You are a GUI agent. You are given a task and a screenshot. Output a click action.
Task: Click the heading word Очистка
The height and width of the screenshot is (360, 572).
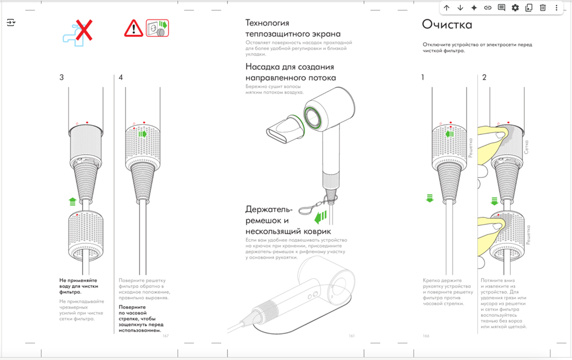tap(446, 24)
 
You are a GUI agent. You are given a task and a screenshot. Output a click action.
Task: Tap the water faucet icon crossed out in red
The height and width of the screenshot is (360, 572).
tap(78, 32)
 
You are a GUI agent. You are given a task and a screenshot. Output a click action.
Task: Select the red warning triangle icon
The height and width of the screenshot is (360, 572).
tap(133, 28)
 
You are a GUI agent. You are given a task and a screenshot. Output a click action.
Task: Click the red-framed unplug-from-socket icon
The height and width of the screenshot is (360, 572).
tap(157, 28)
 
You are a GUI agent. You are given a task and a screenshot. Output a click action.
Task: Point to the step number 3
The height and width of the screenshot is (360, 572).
tap(62, 78)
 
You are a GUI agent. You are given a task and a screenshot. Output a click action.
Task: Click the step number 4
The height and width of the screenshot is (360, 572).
tap(121, 78)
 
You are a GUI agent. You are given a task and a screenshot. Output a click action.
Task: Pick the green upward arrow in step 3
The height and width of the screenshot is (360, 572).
tap(72, 202)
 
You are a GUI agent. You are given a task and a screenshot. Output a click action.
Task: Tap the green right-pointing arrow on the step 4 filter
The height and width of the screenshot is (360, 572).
tap(143, 134)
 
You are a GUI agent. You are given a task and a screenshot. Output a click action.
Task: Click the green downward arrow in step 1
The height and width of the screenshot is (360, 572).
tap(430, 198)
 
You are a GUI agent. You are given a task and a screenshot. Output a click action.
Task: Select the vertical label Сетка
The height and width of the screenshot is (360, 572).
tap(526, 146)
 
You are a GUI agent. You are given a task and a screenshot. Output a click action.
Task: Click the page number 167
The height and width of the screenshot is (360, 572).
tap(166, 336)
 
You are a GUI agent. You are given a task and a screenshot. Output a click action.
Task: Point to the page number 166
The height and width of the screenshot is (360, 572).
tap(426, 336)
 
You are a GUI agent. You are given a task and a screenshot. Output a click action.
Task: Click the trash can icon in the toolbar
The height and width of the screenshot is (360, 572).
tap(542, 8)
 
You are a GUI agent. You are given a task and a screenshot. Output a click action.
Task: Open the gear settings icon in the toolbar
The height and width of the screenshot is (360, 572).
tap(515, 8)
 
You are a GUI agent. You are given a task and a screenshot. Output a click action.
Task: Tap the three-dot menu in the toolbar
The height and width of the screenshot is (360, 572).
tap(557, 8)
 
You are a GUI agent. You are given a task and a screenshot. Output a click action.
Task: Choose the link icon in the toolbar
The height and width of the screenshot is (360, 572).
tap(487, 8)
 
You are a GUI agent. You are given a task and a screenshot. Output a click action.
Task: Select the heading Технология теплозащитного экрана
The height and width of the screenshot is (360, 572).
tap(292, 28)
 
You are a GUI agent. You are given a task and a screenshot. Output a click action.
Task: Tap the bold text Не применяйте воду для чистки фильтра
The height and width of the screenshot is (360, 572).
tap(78, 286)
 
